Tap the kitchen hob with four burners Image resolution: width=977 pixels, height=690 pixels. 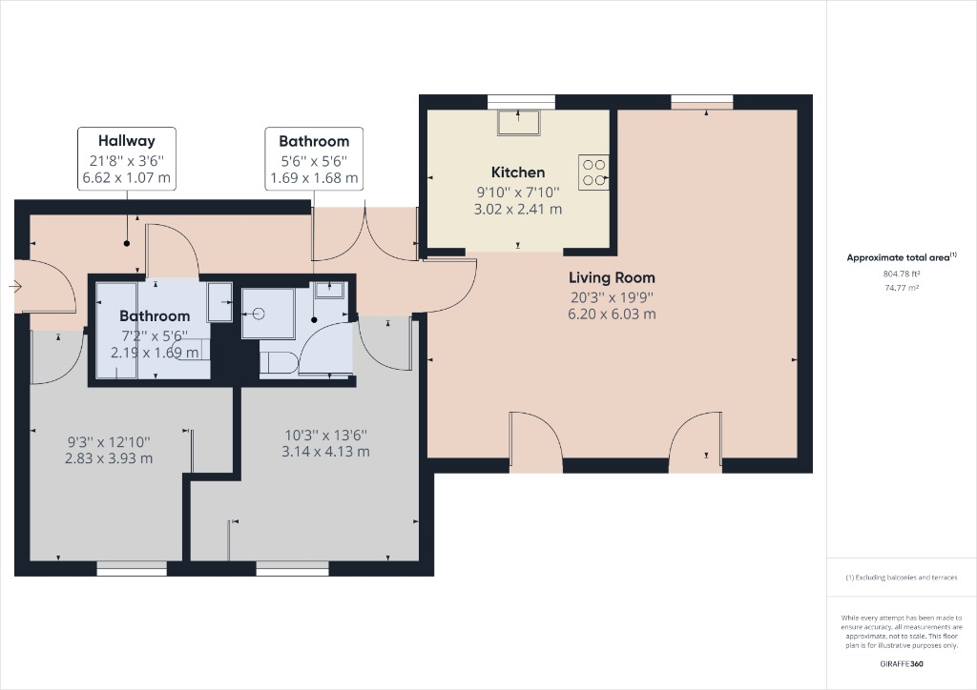point(592,171)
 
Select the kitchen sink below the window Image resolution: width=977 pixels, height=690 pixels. point(519,123)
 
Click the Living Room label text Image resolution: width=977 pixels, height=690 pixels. point(612,278)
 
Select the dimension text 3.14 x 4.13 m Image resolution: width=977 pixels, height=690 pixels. point(325,452)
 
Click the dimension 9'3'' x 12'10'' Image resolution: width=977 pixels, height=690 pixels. point(108,442)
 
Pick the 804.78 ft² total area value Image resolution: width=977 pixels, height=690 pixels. point(902,274)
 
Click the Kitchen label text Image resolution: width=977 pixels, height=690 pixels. point(518,172)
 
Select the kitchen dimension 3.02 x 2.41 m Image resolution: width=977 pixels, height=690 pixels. point(518,209)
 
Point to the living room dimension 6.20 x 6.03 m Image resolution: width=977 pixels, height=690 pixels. point(612,314)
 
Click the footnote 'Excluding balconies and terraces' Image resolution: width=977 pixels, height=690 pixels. point(902,578)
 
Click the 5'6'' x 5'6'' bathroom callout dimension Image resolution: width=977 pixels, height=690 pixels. point(314,160)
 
